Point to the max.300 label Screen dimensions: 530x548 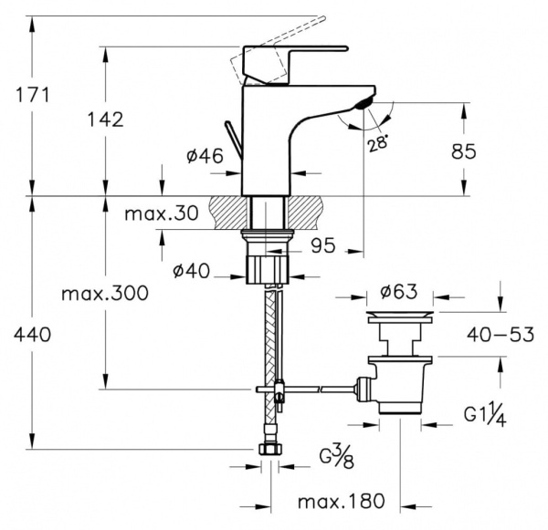[105, 294]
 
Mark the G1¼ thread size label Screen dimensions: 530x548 [485, 414]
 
